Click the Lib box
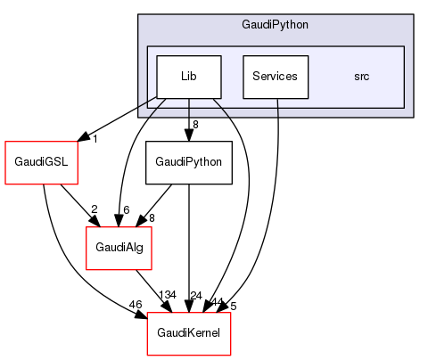click(x=189, y=77)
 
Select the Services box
click(x=275, y=77)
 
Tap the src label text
click(x=361, y=77)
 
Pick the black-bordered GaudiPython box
click(x=189, y=162)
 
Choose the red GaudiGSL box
click(x=36, y=162)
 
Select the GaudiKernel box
click(x=189, y=333)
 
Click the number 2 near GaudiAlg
click(x=95, y=210)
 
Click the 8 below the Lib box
click(x=195, y=124)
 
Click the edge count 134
click(x=167, y=296)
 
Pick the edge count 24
click(x=197, y=296)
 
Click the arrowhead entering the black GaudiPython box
click(x=189, y=135)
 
